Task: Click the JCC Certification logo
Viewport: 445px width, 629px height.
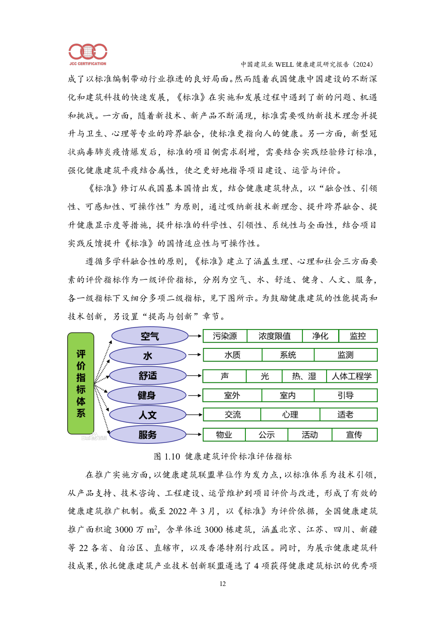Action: [87, 55]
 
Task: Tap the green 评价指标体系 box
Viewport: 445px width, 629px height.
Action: [81, 383]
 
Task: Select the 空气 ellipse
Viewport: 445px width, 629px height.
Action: [150, 336]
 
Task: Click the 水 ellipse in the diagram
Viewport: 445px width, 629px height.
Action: [148, 356]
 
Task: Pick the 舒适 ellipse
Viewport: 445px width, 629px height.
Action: [148, 375]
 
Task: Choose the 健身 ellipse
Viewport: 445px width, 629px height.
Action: [147, 395]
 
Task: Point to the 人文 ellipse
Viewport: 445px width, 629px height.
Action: [148, 415]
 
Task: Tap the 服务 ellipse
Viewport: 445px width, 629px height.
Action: [148, 435]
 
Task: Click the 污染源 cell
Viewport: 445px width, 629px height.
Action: [225, 336]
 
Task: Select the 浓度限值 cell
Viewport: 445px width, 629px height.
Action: [275, 336]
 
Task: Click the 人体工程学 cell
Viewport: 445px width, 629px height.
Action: [352, 376]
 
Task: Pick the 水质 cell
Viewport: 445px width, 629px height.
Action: [232, 355]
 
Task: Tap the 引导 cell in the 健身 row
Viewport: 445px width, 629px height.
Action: [345, 395]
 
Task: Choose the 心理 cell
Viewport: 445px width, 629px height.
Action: [290, 414]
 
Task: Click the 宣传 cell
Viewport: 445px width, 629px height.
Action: [354, 435]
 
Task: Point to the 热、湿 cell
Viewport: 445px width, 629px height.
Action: [304, 376]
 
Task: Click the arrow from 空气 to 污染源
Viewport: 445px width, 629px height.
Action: [195, 336]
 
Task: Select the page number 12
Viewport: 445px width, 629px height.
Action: [222, 584]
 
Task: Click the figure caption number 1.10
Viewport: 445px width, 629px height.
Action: [172, 456]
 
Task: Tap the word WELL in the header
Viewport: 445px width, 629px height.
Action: [284, 65]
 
